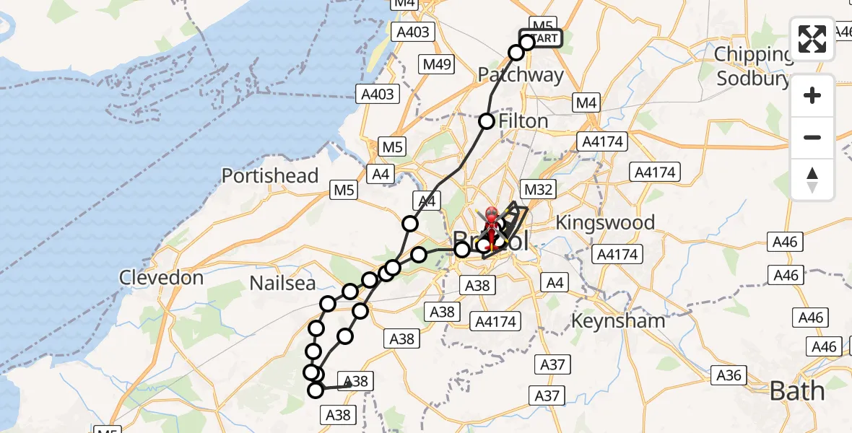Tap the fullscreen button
pyautogui.click(x=812, y=39)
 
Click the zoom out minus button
pyautogui.click(x=812, y=137)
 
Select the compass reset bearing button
pyautogui.click(x=812, y=179)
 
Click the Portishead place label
pyautogui.click(x=270, y=176)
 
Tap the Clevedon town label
pyautogui.click(x=162, y=277)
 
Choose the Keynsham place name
pyautogui.click(x=618, y=320)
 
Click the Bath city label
pyautogui.click(x=797, y=391)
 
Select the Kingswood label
pyautogui.click(x=605, y=222)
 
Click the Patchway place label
pyautogui.click(x=521, y=75)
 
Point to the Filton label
pyautogui.click(x=523, y=121)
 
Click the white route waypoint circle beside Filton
pyautogui.click(x=487, y=121)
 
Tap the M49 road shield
pyautogui.click(x=438, y=64)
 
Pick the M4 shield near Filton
pyautogui.click(x=586, y=103)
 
